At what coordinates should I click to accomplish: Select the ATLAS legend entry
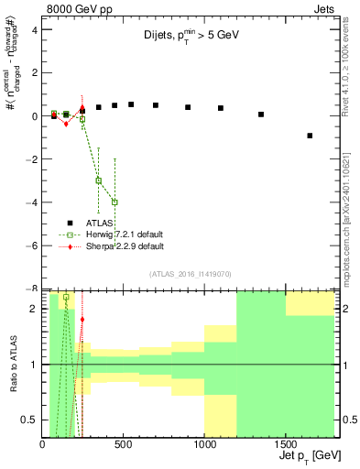coord(102,223)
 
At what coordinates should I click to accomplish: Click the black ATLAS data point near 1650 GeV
coord(310,136)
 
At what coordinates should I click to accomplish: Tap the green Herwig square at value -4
coord(115,202)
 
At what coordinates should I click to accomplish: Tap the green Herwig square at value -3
coord(98,180)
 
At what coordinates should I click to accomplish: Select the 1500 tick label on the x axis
coord(285,445)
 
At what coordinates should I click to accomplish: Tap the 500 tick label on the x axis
coord(123,445)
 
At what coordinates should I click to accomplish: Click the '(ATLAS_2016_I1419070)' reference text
coord(190,274)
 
